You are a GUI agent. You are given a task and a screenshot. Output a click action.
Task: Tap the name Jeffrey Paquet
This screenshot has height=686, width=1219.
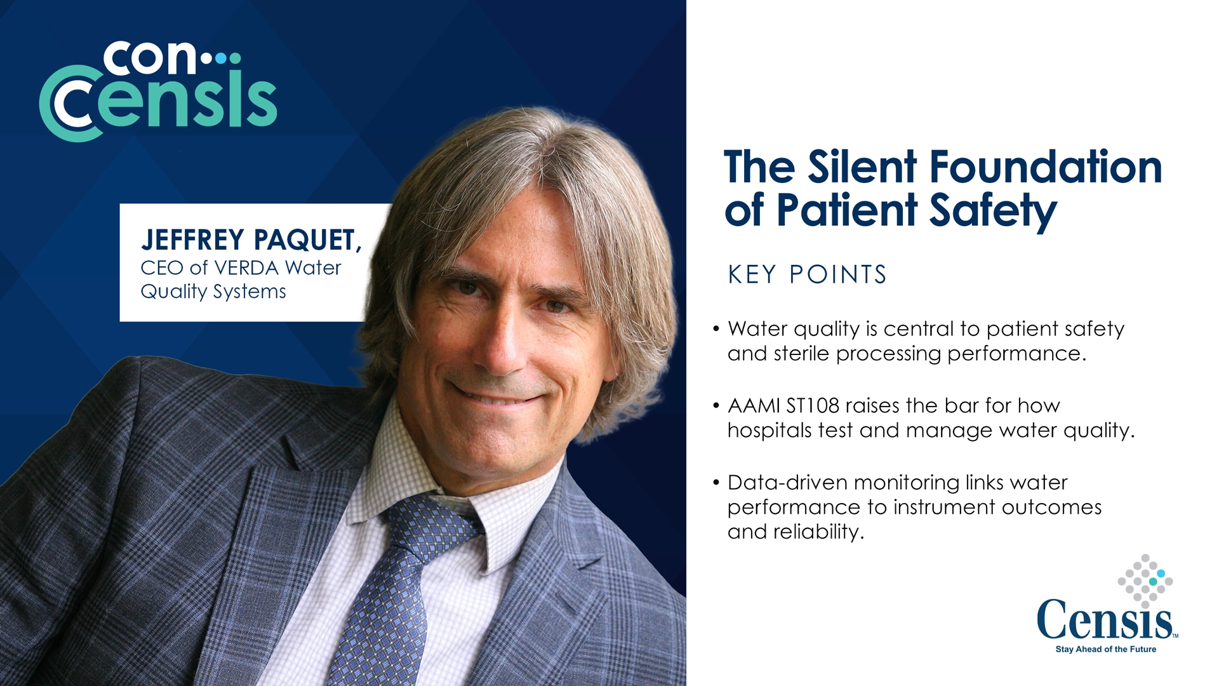(251, 240)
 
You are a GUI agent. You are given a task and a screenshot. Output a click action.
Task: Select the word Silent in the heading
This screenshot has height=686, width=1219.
(862, 167)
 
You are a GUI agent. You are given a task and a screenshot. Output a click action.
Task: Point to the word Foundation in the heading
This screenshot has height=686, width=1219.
(1046, 167)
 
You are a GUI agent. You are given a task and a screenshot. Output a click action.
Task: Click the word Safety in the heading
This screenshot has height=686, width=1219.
(993, 212)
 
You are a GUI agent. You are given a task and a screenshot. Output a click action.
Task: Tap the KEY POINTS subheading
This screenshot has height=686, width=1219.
(807, 274)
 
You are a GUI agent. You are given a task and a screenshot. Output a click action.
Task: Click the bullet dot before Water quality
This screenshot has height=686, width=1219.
(716, 329)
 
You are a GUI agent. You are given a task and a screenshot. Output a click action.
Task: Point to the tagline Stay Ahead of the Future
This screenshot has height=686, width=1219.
(1105, 649)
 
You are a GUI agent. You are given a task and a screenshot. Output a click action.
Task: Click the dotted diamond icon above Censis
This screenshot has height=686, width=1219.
(1145, 581)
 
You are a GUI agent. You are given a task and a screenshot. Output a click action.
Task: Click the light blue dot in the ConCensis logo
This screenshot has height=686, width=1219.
(220, 58)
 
